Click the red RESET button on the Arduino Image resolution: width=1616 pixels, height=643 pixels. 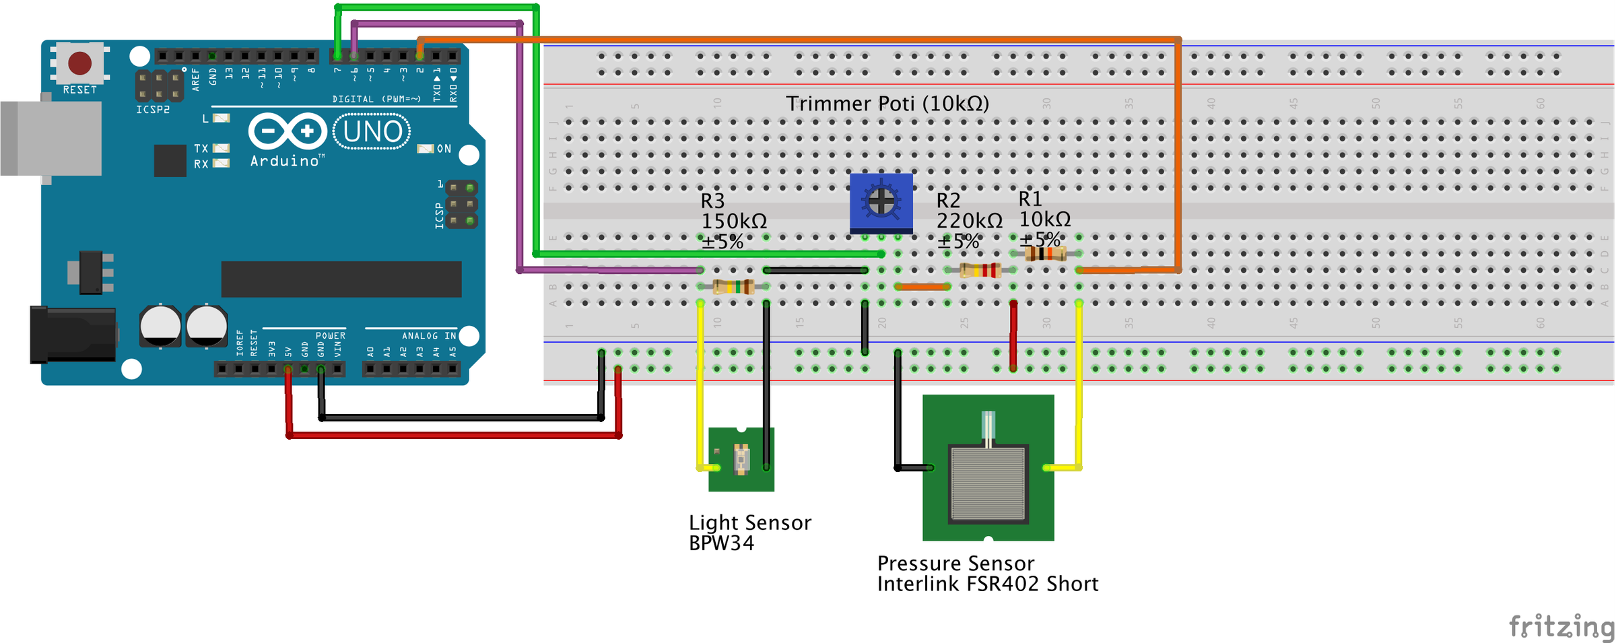79,63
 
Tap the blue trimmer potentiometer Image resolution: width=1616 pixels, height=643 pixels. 881,202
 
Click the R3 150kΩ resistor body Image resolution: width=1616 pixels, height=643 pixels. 733,287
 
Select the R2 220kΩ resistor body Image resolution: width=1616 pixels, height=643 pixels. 980,271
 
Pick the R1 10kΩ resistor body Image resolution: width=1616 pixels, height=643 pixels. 1045,254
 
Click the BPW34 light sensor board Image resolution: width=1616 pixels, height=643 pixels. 741,459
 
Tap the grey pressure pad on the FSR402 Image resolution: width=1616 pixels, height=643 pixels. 988,483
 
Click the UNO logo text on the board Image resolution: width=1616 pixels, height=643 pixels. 372,132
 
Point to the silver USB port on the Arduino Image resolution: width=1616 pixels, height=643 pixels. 50,138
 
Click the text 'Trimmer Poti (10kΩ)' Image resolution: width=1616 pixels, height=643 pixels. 887,104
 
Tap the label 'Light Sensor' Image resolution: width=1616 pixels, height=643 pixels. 749,522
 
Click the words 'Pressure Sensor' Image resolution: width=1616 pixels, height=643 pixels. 955,563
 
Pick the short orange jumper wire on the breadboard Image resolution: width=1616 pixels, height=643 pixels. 922,287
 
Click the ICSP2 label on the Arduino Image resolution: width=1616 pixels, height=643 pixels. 153,110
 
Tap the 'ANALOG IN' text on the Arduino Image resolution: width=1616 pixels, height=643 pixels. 429,335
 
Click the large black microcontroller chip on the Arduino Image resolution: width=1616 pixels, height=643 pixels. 341,279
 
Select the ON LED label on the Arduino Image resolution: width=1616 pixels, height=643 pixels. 444,149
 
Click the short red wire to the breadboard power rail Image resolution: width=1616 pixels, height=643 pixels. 1013,336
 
